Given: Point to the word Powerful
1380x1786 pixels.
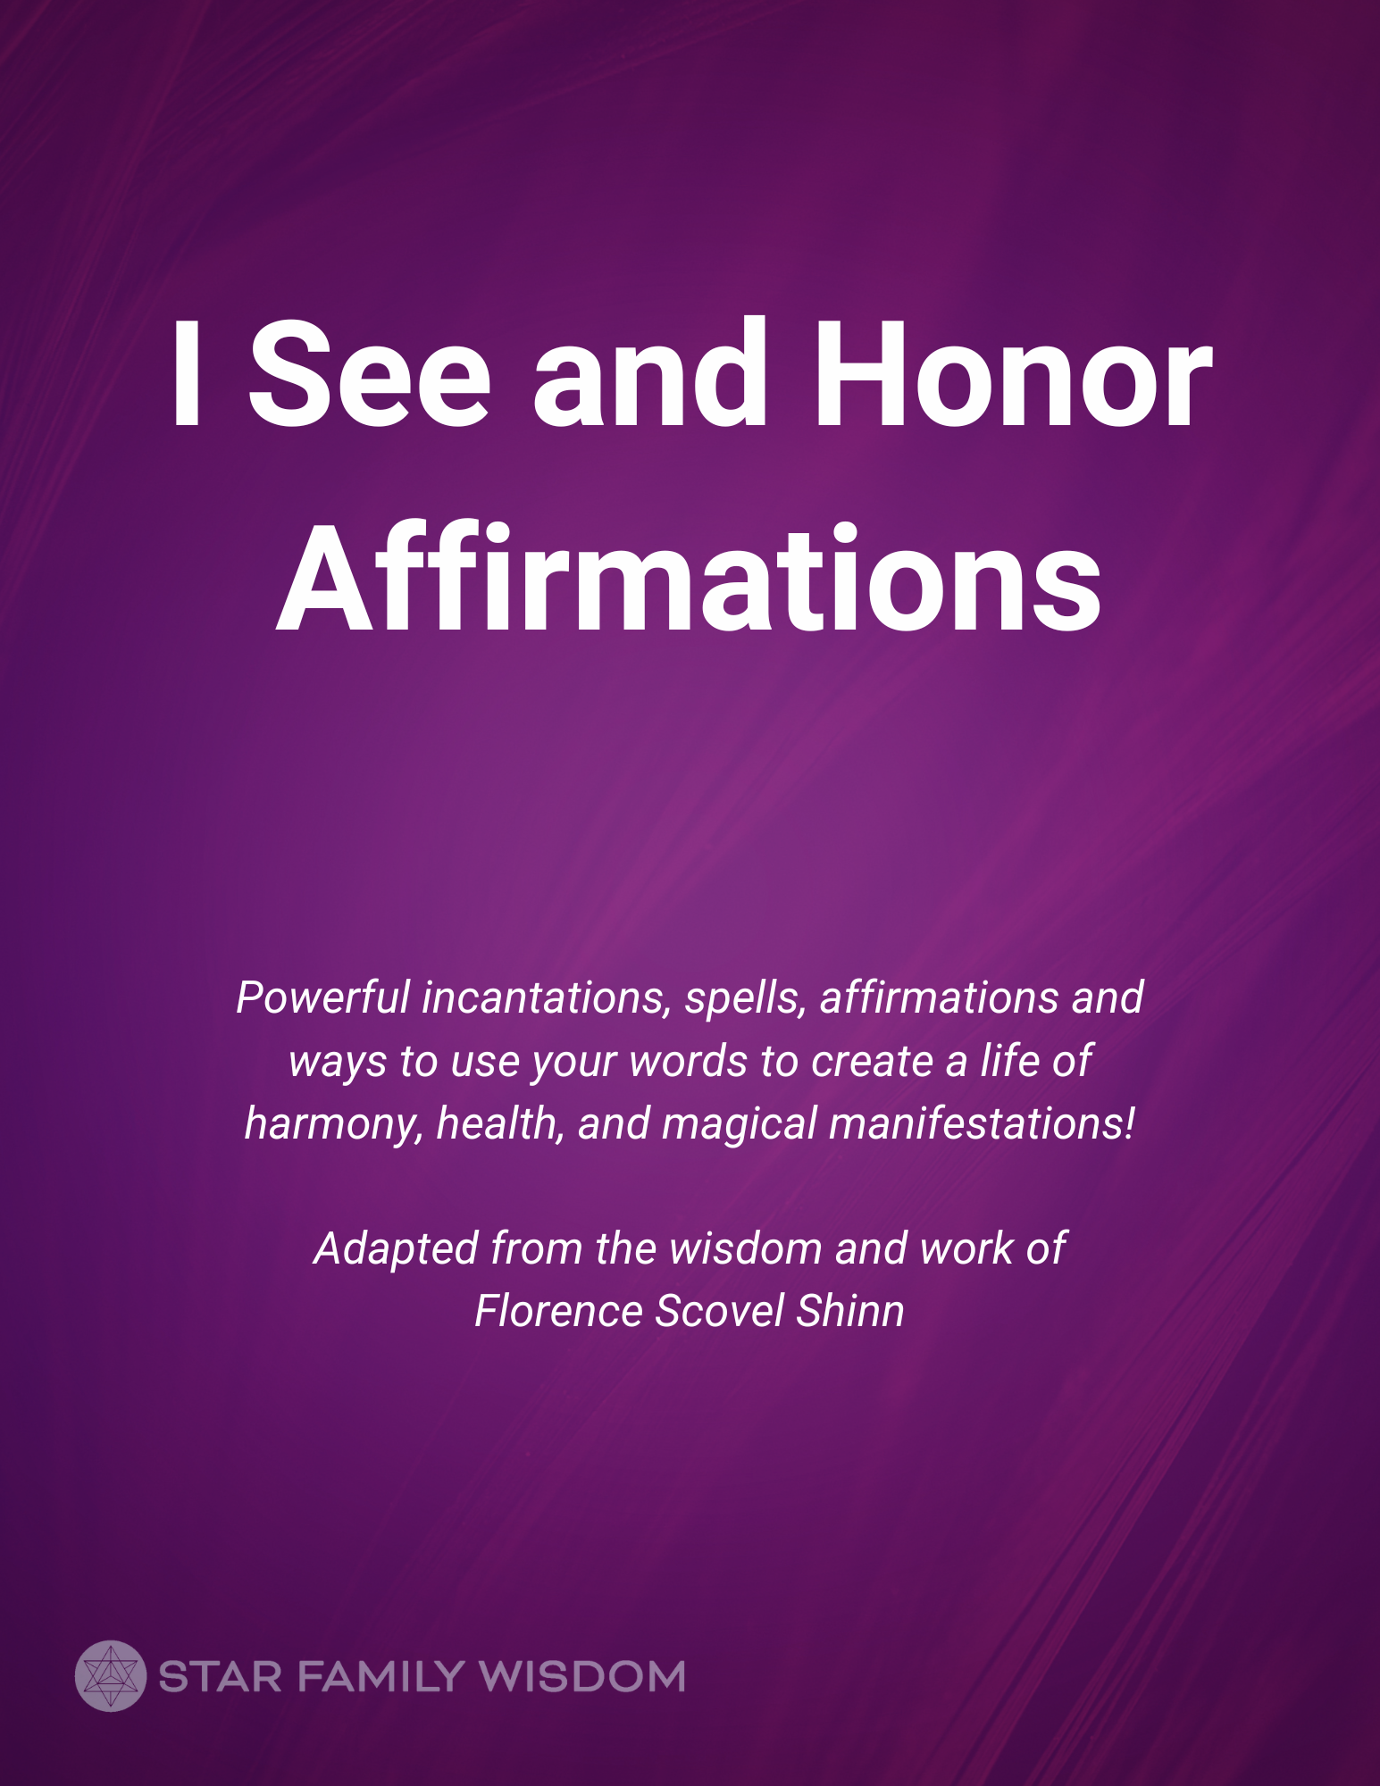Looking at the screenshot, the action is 322,997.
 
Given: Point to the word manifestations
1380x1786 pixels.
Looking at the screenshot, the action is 978,1123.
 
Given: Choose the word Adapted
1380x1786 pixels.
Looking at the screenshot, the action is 397,1249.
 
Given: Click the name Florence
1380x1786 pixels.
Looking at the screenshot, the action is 557,1311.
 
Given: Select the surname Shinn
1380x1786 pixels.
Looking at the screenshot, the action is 850,1311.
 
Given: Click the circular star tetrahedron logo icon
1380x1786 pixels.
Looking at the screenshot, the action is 110,1676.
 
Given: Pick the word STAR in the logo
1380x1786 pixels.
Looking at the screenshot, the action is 220,1677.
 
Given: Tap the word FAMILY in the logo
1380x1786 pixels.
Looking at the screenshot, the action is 379,1677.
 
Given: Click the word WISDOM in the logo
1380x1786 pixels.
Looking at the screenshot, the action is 581,1677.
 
